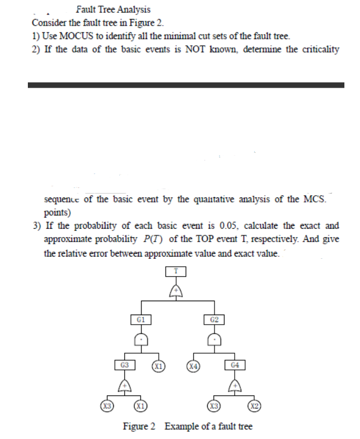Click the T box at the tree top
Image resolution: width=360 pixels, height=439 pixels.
click(x=176, y=272)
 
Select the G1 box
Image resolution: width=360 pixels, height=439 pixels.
click(x=141, y=320)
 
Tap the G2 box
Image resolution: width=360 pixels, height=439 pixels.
click(x=214, y=320)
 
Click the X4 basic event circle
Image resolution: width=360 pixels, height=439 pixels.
click(x=193, y=366)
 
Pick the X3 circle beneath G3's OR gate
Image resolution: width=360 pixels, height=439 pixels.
click(x=104, y=404)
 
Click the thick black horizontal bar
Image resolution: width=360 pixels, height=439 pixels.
click(x=186, y=85)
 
